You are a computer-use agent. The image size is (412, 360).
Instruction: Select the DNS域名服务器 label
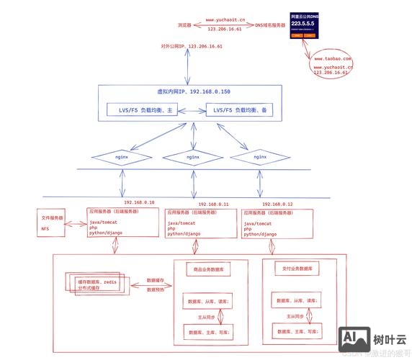[274, 24]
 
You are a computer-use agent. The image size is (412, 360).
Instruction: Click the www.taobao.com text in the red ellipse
[331, 58]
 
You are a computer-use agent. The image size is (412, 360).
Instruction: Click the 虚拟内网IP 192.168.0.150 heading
[194, 93]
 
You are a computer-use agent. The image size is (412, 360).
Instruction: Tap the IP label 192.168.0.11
[213, 204]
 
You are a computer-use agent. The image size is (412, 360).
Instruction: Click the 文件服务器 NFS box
[51, 222]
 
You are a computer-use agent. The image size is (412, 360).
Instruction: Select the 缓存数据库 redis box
[95, 284]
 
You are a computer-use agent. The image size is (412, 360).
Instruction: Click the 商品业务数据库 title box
[208, 269]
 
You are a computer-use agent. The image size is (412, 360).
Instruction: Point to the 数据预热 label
[156, 289]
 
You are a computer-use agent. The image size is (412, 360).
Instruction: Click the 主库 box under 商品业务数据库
[208, 333]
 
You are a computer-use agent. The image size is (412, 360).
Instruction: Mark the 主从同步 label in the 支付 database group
[294, 316]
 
